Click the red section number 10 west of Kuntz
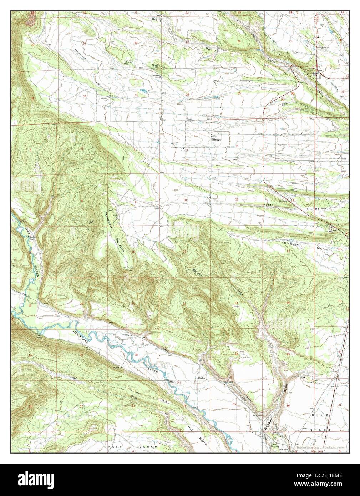tap(185, 199)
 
